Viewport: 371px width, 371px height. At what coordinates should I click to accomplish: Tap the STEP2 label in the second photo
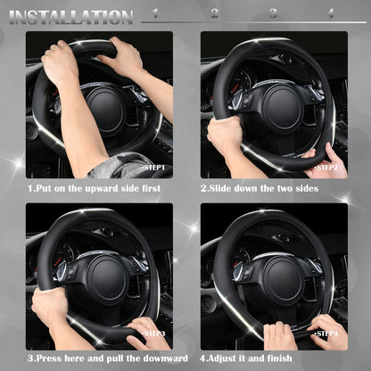click(327, 167)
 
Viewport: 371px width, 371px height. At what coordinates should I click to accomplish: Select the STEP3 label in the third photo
click(153, 333)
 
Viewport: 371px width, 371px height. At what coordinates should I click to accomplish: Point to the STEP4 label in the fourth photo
click(327, 333)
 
